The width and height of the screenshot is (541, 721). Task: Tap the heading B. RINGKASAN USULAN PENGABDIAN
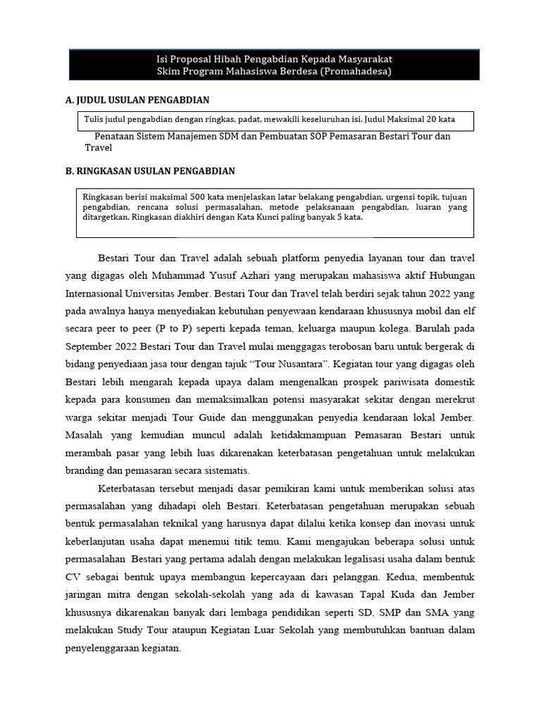pyautogui.click(x=150, y=171)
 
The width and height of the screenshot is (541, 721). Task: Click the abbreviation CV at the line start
pyautogui.click(x=73, y=577)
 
